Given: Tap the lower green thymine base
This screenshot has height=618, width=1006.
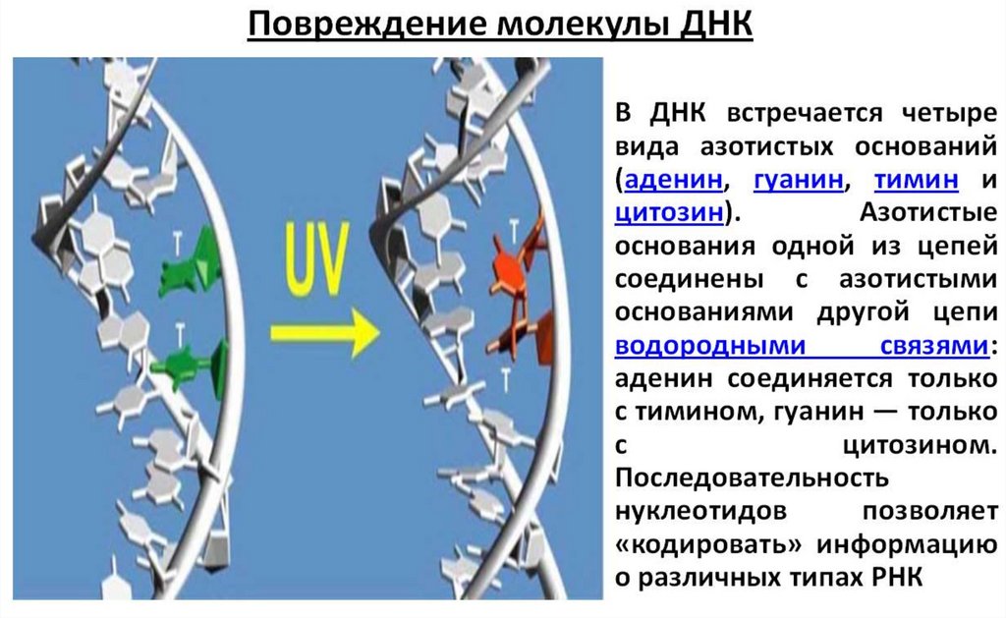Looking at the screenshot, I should (193, 363).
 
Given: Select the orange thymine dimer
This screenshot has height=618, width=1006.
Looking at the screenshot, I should (521, 285).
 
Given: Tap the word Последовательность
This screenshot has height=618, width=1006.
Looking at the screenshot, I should (753, 478).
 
